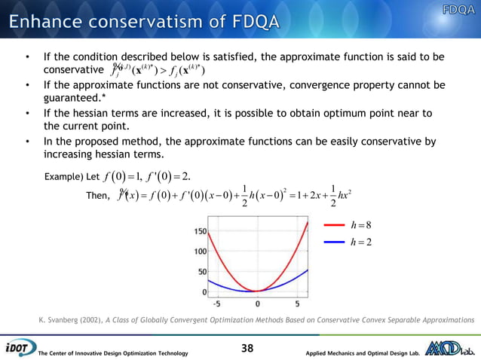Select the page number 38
(247, 348)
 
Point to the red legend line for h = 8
(335, 224)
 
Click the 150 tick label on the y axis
(200, 231)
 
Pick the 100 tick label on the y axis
(200, 252)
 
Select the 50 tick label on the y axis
(202, 271)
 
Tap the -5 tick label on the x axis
(216, 304)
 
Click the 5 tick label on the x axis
(296, 304)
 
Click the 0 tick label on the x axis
(258, 304)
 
